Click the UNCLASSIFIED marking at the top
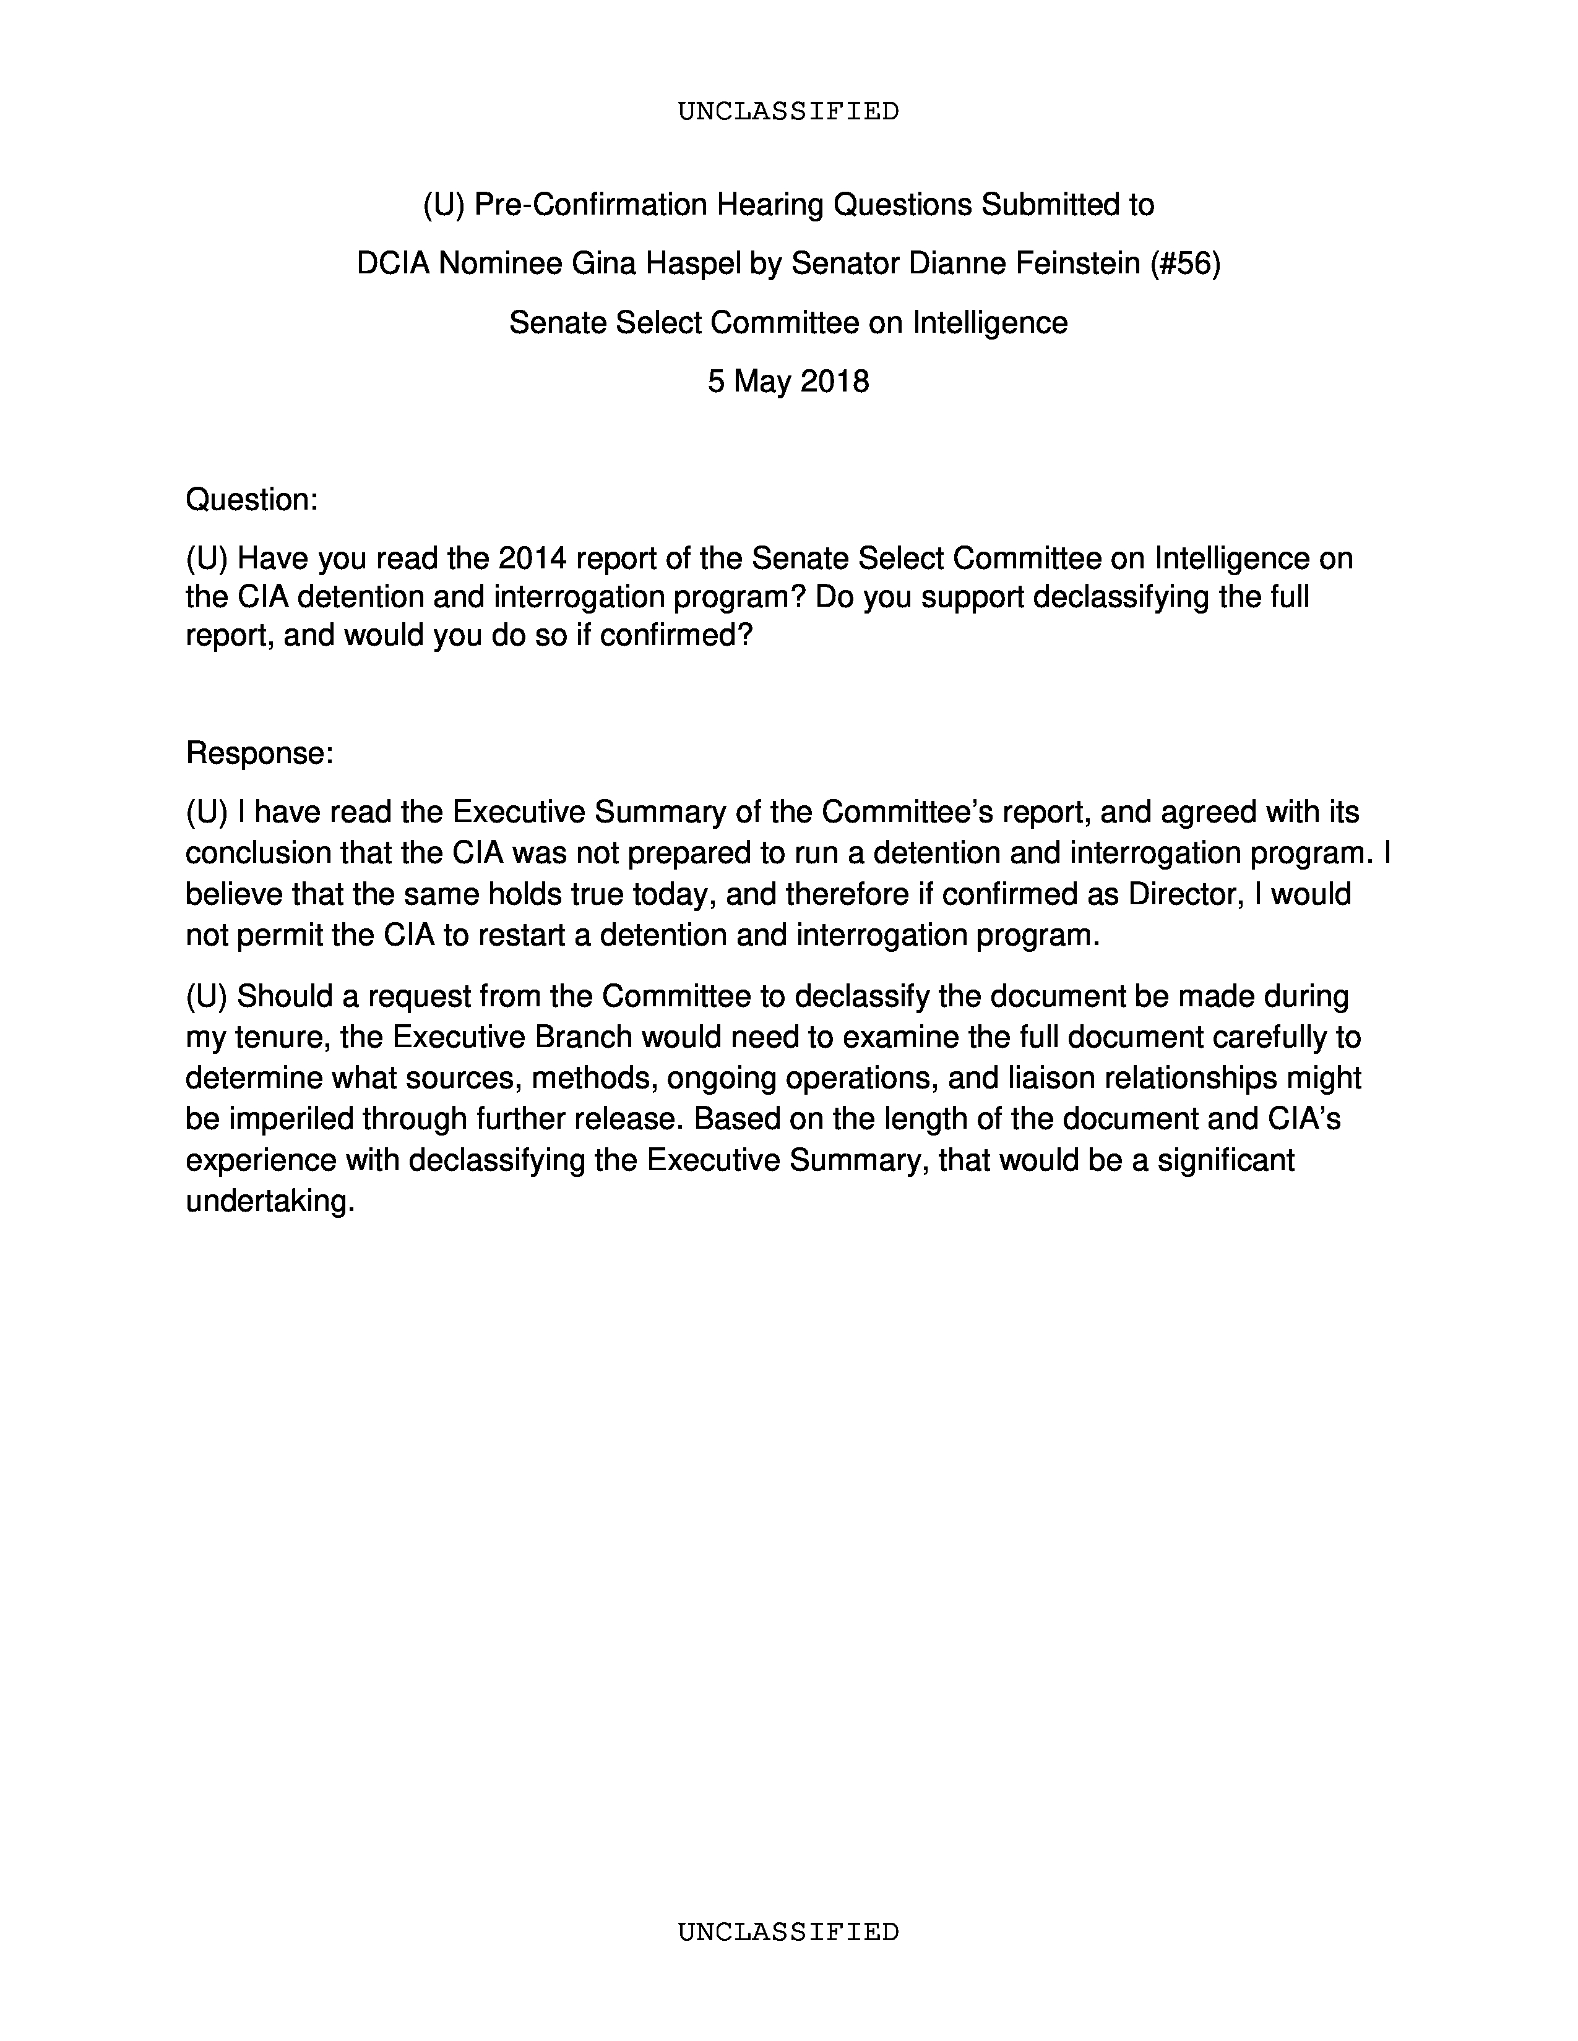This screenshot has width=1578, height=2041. tap(788, 111)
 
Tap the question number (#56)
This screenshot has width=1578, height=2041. tap(1186, 265)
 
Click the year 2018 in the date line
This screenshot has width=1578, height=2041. tap(835, 381)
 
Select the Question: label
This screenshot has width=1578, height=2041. tap(251, 500)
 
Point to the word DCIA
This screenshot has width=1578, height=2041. tap(392, 265)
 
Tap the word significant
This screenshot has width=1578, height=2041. tap(1225, 1160)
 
